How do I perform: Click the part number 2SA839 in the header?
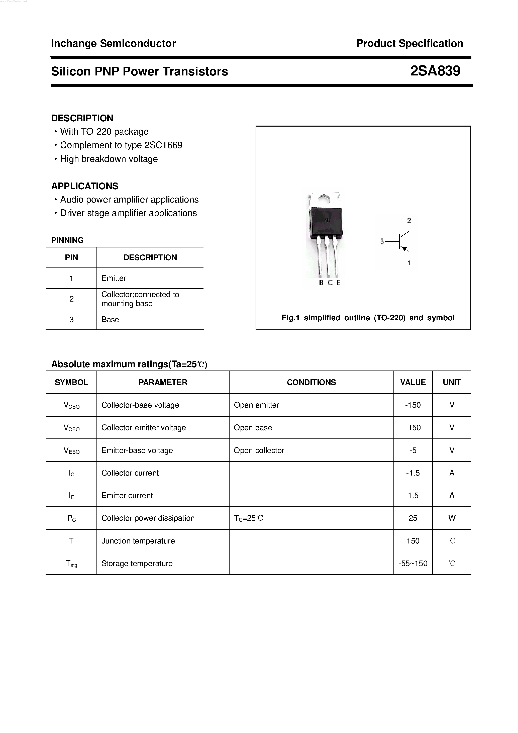(435, 71)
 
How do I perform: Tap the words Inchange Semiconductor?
(113, 43)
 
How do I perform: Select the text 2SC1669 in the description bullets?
(163, 145)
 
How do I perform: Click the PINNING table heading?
(67, 240)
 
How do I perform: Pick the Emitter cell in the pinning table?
(114, 278)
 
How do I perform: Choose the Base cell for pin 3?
(110, 320)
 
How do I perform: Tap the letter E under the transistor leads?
(339, 283)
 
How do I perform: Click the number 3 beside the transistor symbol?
(382, 241)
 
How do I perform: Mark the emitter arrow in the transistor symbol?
(405, 248)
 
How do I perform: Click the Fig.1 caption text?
(368, 318)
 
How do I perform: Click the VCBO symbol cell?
(71, 405)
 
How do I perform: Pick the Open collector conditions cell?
(259, 450)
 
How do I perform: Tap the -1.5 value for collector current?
(413, 473)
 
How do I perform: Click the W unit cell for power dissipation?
(452, 518)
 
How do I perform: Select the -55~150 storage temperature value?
(413, 564)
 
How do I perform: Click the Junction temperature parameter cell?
(138, 541)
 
